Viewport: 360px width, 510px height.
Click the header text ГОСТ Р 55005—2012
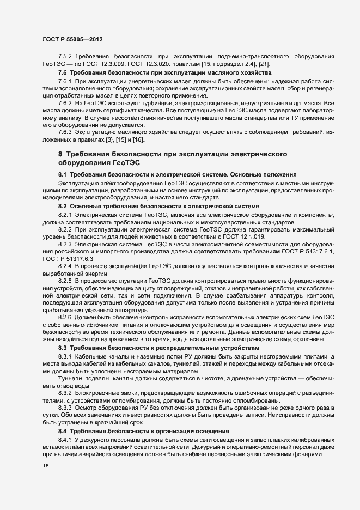point(72,40)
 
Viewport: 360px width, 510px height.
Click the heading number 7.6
point(62,73)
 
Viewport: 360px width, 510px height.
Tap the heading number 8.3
point(62,347)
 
